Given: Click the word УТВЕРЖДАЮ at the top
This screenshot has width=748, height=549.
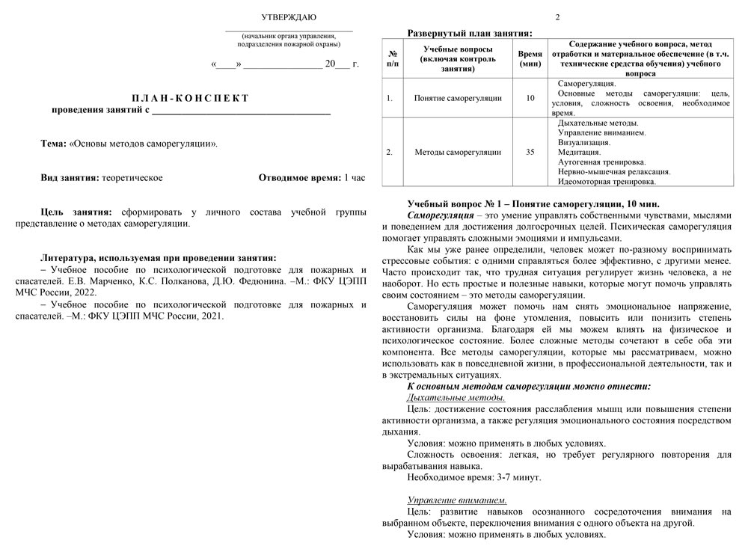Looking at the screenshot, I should [x=288, y=16].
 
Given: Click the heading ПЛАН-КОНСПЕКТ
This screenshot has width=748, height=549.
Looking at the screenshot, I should [x=190, y=98].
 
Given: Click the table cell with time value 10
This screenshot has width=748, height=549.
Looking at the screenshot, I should [x=530, y=98].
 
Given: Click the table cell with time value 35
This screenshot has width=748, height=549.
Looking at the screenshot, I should [x=530, y=152].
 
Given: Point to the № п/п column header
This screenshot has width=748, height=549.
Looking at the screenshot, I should [x=393, y=59].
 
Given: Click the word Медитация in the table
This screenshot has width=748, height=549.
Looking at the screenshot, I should [x=580, y=152].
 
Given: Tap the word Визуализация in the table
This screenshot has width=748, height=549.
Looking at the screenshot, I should [x=584, y=142].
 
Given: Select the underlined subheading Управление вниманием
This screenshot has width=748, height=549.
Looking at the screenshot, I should [x=457, y=500].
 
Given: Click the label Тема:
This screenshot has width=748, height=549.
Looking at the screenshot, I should [x=54, y=143].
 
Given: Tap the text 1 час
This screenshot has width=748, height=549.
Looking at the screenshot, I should [x=354, y=178].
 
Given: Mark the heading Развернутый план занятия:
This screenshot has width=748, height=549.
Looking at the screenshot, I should [x=470, y=33].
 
